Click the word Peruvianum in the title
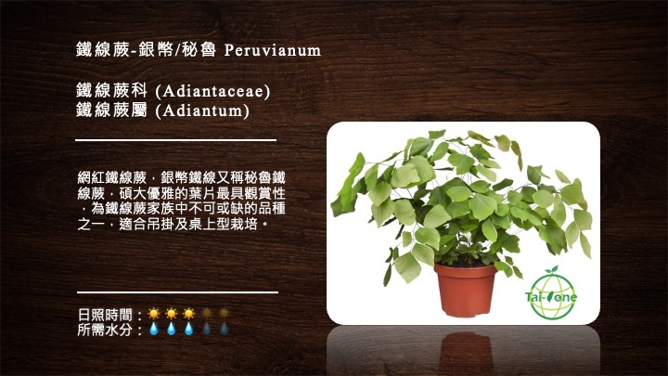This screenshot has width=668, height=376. coord(273,50)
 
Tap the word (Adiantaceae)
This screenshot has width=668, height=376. coord(212,91)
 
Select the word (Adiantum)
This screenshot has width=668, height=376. coord(202,110)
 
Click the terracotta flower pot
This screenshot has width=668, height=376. coord(466,291)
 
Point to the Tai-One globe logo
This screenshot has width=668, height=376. coord(551,293)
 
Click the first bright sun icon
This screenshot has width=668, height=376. coord(153,314)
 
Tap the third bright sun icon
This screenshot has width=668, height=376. coord(188,314)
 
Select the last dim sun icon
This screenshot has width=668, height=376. coord(224,314)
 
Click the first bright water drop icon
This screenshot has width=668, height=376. coord(153,329)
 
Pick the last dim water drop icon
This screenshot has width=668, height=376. coord(224,329)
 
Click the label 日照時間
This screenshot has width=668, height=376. coord(105,315)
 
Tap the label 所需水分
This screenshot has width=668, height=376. coord(105,329)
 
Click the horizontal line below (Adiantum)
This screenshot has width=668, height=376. coord(176,140)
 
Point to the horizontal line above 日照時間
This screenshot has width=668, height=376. coord(177,292)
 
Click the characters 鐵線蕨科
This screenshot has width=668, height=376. coord(111,90)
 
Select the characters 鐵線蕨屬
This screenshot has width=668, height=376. coord(111,110)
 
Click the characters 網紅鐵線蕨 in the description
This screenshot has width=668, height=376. coord(112,177)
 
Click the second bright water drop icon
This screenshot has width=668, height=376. coord(171,329)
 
